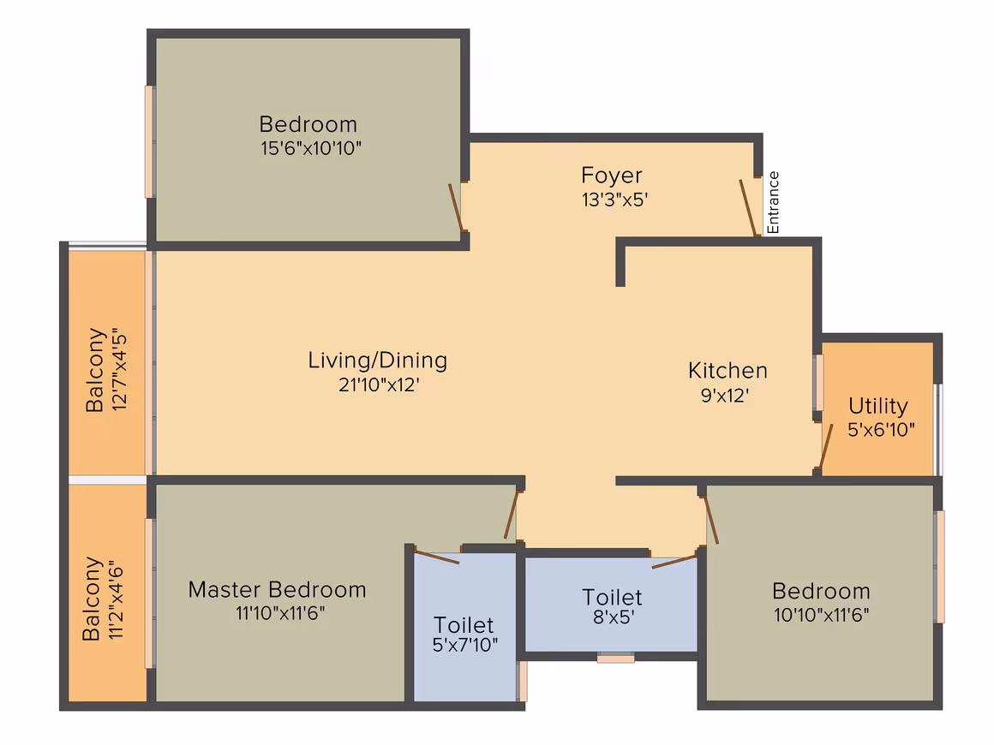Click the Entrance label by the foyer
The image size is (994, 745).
point(774,203)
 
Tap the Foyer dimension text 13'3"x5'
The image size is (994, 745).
point(614,200)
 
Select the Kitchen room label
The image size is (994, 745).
point(728,371)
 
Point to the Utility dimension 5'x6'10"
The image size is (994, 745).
point(881,430)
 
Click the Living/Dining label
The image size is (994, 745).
point(378,361)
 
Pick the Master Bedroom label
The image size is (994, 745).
point(277,590)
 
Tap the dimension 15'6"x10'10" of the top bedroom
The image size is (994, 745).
point(310,148)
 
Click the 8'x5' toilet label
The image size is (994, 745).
point(613,597)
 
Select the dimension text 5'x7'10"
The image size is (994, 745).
point(464,645)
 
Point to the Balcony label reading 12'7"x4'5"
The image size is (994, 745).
point(106,369)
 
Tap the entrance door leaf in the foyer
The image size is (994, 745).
point(748,208)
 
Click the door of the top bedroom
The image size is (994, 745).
point(455,207)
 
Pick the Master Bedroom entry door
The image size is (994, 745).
point(511,516)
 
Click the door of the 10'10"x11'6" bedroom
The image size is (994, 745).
point(711,521)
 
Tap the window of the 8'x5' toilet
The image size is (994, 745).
point(615,659)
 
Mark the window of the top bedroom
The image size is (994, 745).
point(150,142)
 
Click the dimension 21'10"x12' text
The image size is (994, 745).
point(379,384)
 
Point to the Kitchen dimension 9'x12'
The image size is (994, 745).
point(725,396)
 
